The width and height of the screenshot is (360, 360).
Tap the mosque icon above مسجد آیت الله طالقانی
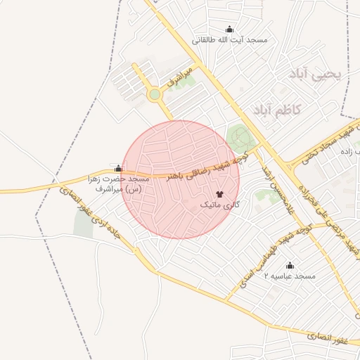coord(229,30)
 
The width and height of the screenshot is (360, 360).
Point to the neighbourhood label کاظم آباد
coord(275,110)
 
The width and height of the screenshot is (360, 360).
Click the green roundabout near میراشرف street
coord(155,94)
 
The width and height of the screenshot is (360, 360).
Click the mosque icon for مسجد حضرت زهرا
coord(118,169)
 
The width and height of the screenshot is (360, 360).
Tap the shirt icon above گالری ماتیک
coord(219,193)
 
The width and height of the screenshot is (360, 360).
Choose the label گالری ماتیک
coord(220,205)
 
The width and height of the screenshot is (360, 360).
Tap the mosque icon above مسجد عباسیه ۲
coord(290,265)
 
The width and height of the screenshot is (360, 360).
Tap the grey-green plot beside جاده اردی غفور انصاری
coord(83,223)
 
